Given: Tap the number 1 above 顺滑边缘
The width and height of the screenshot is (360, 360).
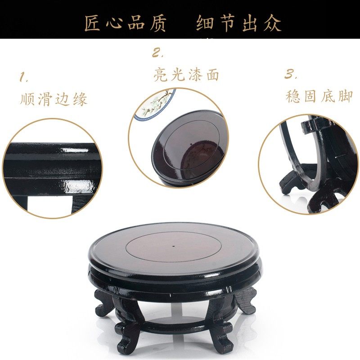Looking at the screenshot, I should tap(23, 77).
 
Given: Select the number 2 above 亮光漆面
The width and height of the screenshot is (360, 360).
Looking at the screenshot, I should tap(157, 53).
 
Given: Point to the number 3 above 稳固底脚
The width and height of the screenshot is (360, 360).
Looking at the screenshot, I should tap(290, 74).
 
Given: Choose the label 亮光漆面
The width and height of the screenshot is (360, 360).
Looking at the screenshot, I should tap(186, 75).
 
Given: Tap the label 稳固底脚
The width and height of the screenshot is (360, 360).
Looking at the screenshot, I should tap(319, 96).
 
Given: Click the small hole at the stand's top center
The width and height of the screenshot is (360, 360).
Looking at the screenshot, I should tap(174, 247).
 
